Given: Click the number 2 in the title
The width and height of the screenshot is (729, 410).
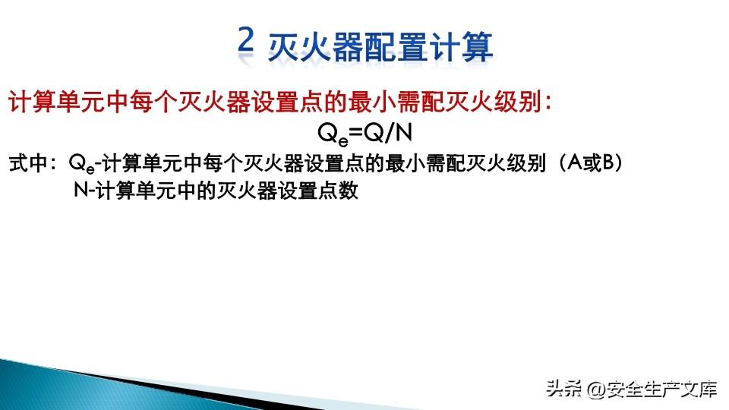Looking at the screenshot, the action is point(246,39).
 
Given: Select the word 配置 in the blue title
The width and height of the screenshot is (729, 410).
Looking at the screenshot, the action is point(395,47).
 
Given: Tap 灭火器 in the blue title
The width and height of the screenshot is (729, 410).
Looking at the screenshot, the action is point(315,47).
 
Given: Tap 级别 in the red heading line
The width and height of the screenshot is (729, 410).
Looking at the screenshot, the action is point(518,102).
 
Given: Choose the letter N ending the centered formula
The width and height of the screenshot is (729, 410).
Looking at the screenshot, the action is point(403,133).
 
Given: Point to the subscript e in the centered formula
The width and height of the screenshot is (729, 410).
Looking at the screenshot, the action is point(343,140).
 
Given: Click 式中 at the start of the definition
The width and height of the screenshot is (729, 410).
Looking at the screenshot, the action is point(29,163).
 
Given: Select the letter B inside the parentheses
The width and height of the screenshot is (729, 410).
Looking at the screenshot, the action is point(608,162).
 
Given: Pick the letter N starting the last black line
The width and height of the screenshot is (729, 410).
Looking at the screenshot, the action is point(81,190).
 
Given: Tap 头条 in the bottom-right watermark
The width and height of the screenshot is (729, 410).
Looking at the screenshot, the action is point(564,389).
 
